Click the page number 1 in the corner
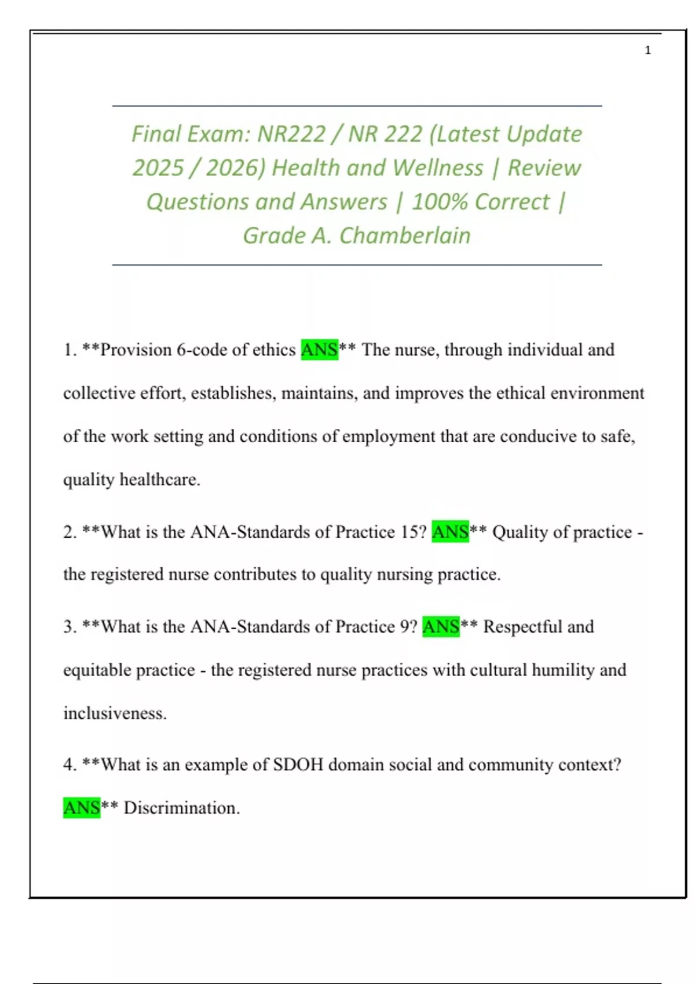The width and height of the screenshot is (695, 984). [x=648, y=50]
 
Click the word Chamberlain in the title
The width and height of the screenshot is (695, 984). [x=405, y=236]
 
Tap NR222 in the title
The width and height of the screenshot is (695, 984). [x=292, y=134]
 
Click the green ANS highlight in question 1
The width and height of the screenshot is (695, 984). [x=319, y=350]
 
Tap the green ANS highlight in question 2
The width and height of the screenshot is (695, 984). [x=450, y=531]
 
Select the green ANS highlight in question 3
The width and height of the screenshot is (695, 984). [x=441, y=626]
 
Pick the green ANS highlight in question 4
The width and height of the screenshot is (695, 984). [x=82, y=807]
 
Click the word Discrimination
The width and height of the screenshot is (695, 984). [x=181, y=807]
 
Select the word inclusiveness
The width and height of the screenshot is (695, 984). [x=115, y=713]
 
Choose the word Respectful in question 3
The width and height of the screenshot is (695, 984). [x=522, y=626]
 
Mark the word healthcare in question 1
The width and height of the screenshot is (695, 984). [x=159, y=480]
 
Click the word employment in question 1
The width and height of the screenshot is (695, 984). [x=388, y=436]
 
